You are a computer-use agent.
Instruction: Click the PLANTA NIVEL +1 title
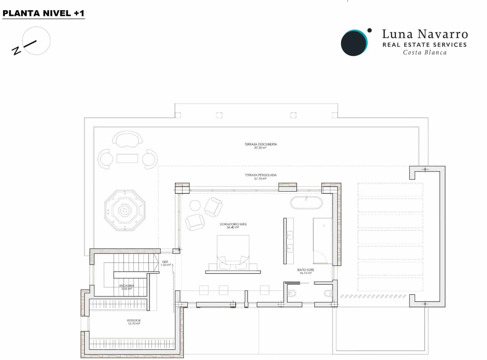click(x=43, y=13)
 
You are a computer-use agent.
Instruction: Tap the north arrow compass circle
click(x=36, y=40)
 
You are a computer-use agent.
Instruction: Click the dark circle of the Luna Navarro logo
click(x=353, y=43)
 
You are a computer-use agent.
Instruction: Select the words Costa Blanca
click(x=425, y=52)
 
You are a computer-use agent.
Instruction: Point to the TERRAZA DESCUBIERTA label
click(x=261, y=144)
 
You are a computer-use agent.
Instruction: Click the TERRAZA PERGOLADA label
click(x=261, y=175)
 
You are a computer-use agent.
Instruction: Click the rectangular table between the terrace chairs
click(x=127, y=159)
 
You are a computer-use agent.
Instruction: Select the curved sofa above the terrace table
click(x=127, y=139)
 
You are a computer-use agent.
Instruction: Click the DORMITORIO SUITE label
click(x=233, y=224)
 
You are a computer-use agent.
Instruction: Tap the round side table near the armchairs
click(x=195, y=206)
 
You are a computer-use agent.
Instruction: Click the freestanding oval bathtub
click(x=306, y=203)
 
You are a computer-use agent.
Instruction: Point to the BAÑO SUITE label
click(x=306, y=270)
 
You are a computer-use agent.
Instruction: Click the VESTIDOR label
click(x=134, y=320)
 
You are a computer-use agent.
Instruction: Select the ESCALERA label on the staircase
click(x=127, y=286)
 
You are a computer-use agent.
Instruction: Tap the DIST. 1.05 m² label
click(x=166, y=263)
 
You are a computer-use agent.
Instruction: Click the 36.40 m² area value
click(x=233, y=228)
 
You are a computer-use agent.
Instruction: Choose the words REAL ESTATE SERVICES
click(x=424, y=45)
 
